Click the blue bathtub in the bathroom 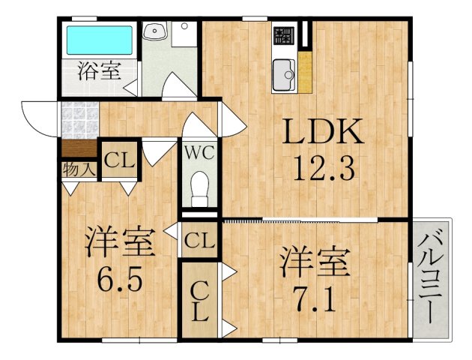pyautogui.click(x=100, y=40)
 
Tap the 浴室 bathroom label pyautogui.click(x=100, y=70)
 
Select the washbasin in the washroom pyautogui.click(x=155, y=31)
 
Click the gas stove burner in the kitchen pyautogui.click(x=284, y=35)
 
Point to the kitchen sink pyautogui.click(x=284, y=75)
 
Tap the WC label pyautogui.click(x=199, y=153)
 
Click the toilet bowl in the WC pyautogui.click(x=200, y=189)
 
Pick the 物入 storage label pyautogui.click(x=79, y=170)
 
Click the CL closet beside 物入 pyautogui.click(x=119, y=160)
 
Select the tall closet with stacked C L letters pyautogui.click(x=200, y=300)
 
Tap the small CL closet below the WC pyautogui.click(x=199, y=240)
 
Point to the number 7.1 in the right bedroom pyautogui.click(x=315, y=300)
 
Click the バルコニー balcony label pyautogui.click(x=431, y=275)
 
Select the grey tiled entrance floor pyautogui.click(x=79, y=121)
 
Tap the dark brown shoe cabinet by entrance pyautogui.click(x=79, y=148)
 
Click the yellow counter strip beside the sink pyautogui.click(x=305, y=72)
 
